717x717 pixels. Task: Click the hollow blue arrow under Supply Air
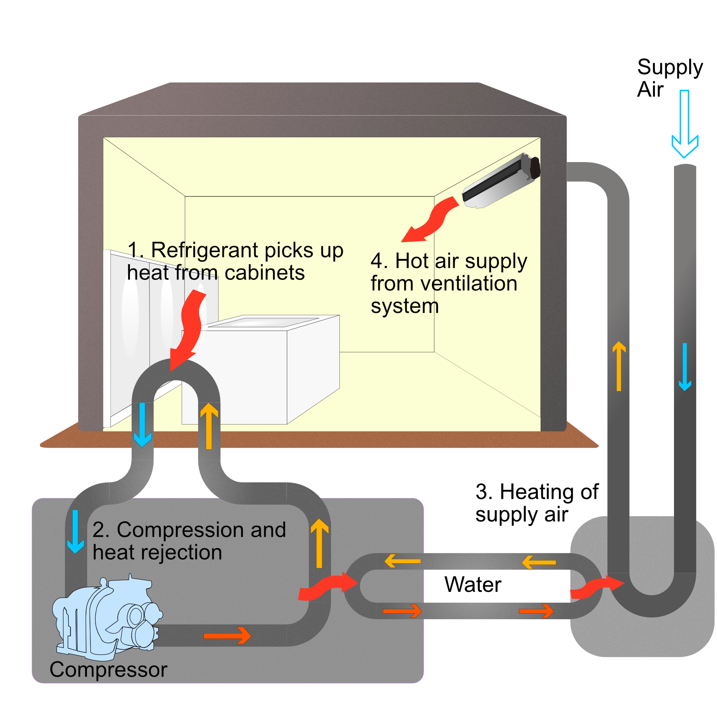coord(685,126)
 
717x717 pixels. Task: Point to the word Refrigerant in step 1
coord(205,251)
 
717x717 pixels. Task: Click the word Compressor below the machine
coord(108,670)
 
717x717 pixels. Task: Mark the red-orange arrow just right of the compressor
coord(227,636)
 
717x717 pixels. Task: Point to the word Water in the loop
coord(473,584)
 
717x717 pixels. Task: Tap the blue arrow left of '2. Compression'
coord(75,531)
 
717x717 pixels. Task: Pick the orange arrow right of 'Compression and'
coord(319,543)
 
